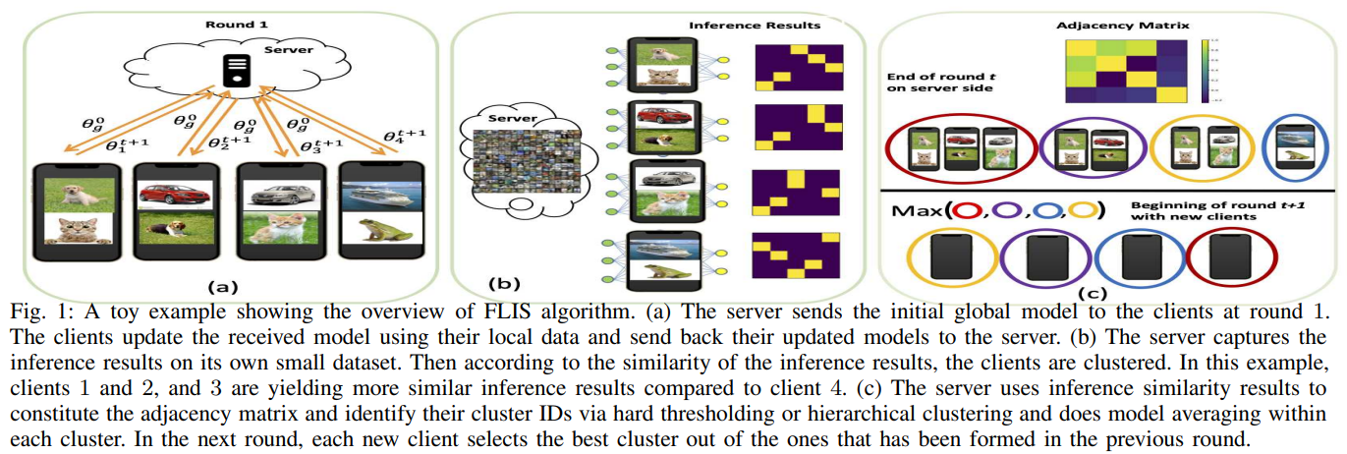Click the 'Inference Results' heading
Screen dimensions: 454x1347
click(x=767, y=24)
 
